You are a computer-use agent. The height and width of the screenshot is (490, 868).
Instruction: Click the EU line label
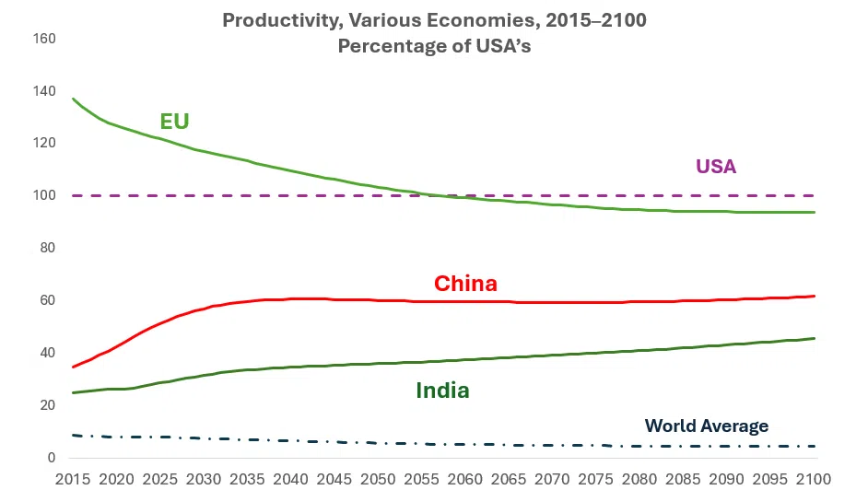point(174,122)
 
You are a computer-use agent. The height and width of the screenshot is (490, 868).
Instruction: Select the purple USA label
point(716,167)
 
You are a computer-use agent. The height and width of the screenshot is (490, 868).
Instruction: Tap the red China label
point(465,284)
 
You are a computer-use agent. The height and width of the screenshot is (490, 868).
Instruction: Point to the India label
point(442,391)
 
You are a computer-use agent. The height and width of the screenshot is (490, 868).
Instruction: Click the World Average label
point(706,426)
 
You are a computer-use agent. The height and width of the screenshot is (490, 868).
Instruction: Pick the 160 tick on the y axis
point(45,39)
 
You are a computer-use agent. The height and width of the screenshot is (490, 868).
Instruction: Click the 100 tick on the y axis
point(45,196)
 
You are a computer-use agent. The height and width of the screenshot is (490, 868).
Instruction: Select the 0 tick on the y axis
point(53,458)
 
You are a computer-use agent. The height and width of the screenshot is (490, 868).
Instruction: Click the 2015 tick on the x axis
point(73,479)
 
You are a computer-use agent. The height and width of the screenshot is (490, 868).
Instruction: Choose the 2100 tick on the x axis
point(813,479)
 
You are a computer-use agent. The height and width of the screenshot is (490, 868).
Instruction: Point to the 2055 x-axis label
point(421,479)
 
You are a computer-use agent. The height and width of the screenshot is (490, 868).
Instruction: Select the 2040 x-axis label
point(290,479)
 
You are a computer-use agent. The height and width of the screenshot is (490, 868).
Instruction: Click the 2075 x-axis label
point(595,479)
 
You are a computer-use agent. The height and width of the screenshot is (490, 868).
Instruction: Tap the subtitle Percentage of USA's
point(434,46)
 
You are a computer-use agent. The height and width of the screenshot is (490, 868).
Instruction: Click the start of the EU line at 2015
point(73,99)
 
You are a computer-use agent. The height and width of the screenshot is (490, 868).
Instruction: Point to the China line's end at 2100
point(815,296)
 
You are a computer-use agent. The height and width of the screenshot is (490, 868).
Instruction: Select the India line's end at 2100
point(815,338)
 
